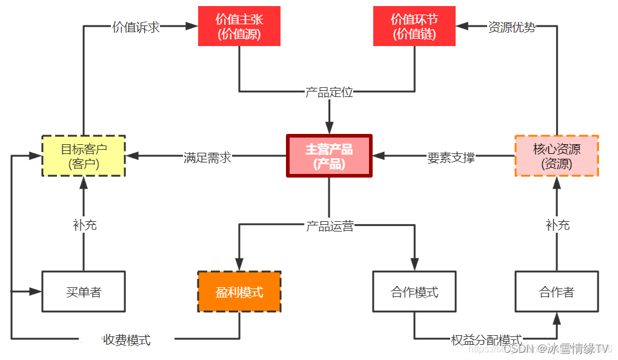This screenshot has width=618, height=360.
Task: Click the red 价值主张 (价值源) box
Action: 239,26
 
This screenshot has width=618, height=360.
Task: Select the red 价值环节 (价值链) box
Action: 414,26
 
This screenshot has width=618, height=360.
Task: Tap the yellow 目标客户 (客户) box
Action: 84,156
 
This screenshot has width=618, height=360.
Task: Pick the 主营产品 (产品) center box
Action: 329,156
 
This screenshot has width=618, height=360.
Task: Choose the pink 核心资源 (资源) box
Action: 556,156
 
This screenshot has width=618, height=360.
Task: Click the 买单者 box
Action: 84,292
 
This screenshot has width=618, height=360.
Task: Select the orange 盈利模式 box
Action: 239,292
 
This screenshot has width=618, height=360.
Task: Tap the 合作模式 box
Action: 414,292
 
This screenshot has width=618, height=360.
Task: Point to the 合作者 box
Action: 556,292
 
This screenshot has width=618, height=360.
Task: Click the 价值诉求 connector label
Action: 136,27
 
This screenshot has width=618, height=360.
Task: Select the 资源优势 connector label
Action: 512,27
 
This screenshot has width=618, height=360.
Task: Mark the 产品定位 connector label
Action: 329,92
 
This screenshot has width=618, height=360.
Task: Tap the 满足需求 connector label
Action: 207,157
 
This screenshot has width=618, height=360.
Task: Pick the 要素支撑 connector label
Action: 451,157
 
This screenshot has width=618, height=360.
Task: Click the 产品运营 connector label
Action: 329,226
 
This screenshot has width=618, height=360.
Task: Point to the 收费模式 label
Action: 127,339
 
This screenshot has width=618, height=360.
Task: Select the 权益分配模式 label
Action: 486,339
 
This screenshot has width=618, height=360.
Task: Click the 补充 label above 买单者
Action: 84,225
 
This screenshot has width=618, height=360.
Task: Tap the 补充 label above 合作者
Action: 557,225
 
